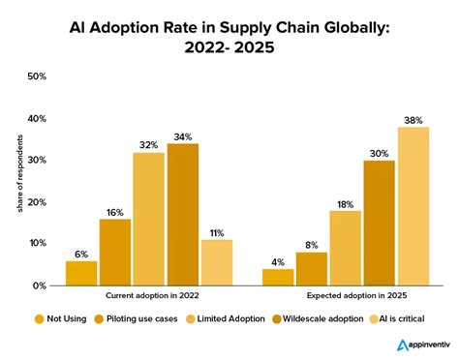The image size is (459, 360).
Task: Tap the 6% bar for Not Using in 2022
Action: (x=81, y=274)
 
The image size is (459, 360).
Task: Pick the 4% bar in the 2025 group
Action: (x=277, y=278)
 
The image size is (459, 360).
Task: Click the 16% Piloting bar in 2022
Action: (x=115, y=253)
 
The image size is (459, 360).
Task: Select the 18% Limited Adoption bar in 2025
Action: (x=345, y=249)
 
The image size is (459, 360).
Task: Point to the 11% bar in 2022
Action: (x=217, y=263)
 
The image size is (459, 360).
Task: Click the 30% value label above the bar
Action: (x=379, y=152)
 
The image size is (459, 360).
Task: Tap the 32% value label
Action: (x=148, y=144)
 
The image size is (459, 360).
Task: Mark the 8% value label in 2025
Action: (x=311, y=244)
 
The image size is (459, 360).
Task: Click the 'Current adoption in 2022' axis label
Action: (x=148, y=297)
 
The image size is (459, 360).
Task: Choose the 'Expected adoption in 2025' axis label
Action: (x=345, y=297)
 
